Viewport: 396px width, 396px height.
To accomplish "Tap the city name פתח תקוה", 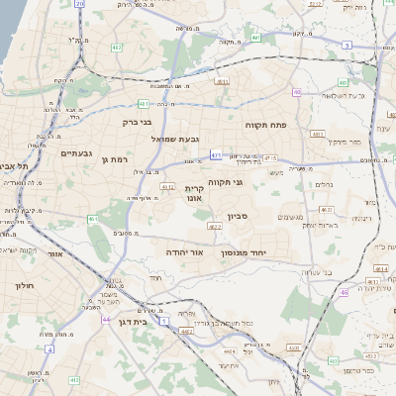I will [x=265, y=126].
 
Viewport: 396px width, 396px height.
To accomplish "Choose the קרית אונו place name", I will [x=193, y=192].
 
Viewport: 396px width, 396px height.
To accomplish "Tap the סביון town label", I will [x=263, y=215].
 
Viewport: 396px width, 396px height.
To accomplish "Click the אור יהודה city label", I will [x=185, y=253].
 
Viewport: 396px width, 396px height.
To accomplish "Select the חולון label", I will [x=24, y=285].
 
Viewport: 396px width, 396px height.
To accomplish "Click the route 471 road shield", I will [x=216, y=155].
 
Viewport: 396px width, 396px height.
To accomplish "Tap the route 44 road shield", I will [x=106, y=320].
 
